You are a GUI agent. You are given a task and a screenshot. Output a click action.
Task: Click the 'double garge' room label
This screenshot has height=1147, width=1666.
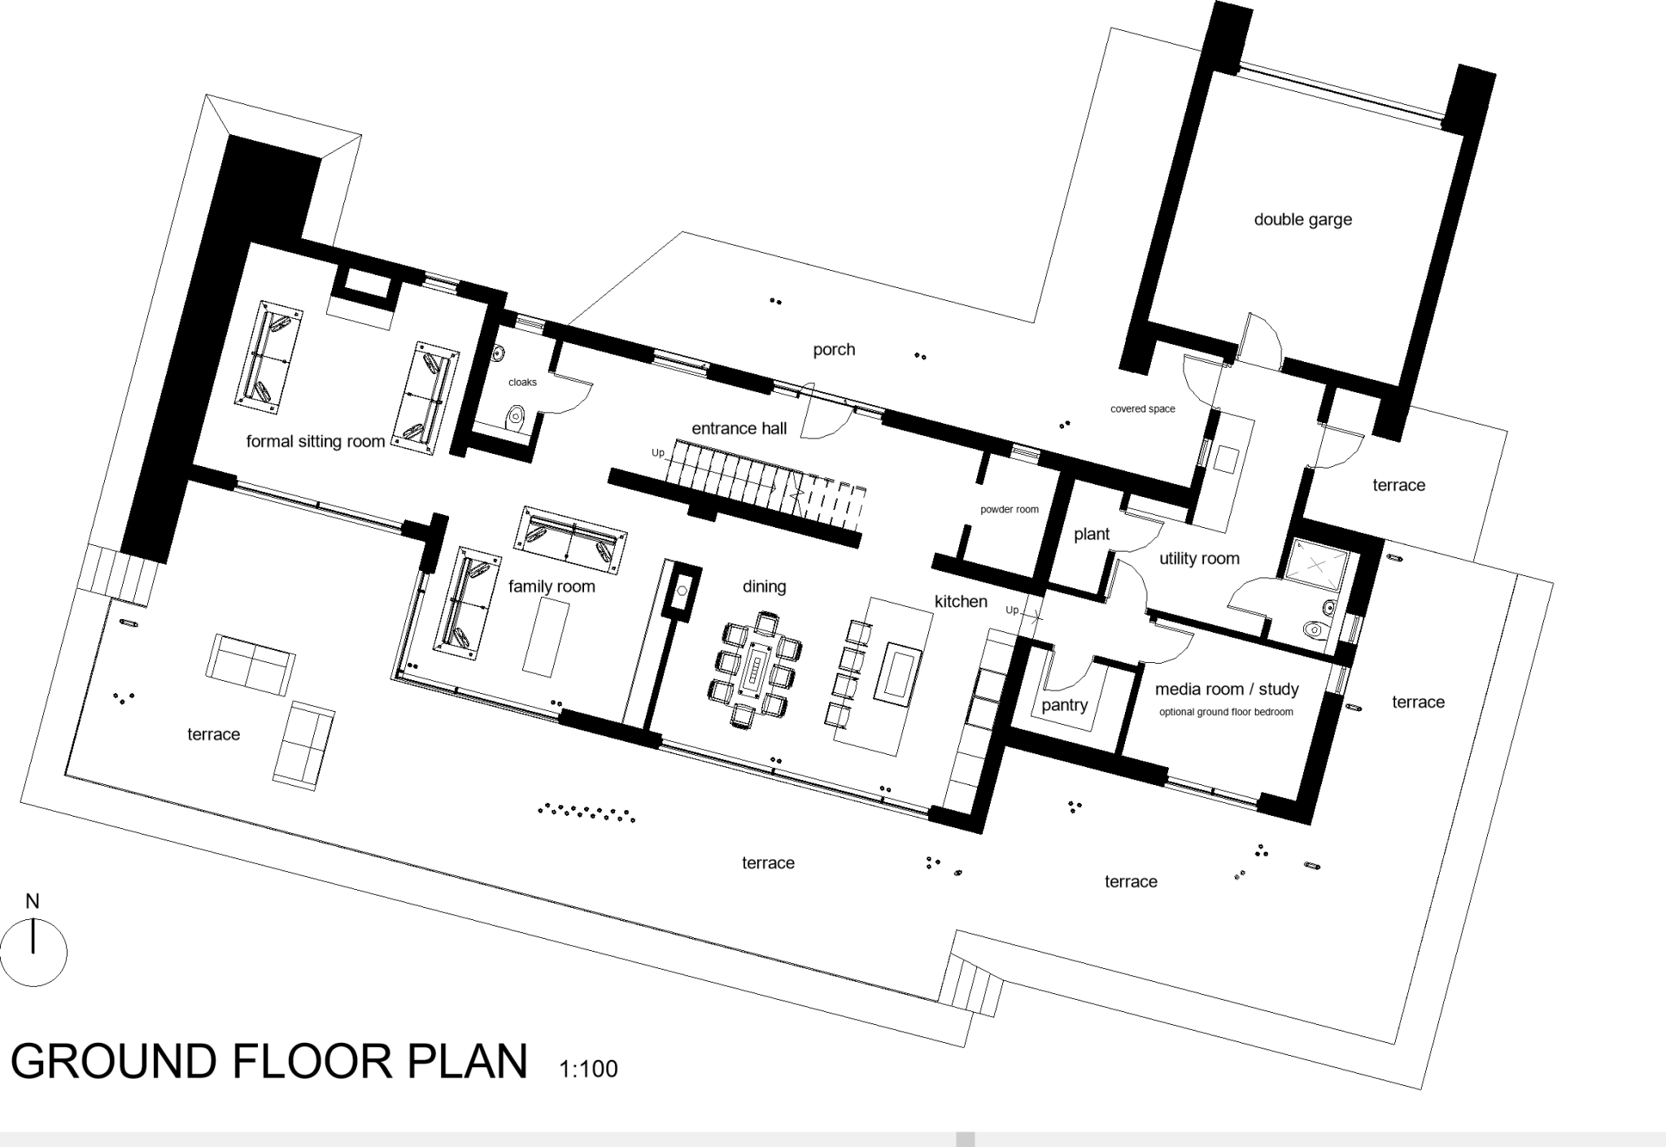point(1302,220)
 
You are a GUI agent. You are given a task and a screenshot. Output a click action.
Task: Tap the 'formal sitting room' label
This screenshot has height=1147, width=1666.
point(315,442)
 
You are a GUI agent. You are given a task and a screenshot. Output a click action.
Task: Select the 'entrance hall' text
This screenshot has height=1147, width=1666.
point(739,429)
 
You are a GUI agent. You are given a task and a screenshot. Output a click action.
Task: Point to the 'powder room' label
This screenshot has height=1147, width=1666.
point(1009,510)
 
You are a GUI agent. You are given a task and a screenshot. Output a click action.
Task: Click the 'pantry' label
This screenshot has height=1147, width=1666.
point(1064,705)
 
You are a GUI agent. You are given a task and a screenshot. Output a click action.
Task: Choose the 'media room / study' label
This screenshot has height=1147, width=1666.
point(1226,689)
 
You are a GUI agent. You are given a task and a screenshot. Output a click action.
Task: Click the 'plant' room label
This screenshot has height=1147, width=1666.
point(1091,534)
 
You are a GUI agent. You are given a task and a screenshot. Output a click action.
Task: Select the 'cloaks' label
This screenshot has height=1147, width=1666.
point(522,382)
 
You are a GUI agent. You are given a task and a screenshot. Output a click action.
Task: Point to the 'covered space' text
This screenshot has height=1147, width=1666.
point(1142,409)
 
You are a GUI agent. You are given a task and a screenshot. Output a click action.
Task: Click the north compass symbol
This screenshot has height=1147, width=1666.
point(33,952)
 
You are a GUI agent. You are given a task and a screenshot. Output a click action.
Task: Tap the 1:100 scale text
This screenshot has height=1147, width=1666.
point(588,1069)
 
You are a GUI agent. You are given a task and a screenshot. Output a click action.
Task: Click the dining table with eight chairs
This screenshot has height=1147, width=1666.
point(757,669)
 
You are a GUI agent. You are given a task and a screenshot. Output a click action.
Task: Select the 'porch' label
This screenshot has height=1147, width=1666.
point(834,350)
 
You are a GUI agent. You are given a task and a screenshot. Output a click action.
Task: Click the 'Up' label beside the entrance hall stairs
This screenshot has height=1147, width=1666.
point(657,453)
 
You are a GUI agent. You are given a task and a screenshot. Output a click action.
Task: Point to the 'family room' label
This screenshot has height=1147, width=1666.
point(552,587)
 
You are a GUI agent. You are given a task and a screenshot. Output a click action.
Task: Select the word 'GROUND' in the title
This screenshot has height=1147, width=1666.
point(114,1062)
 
